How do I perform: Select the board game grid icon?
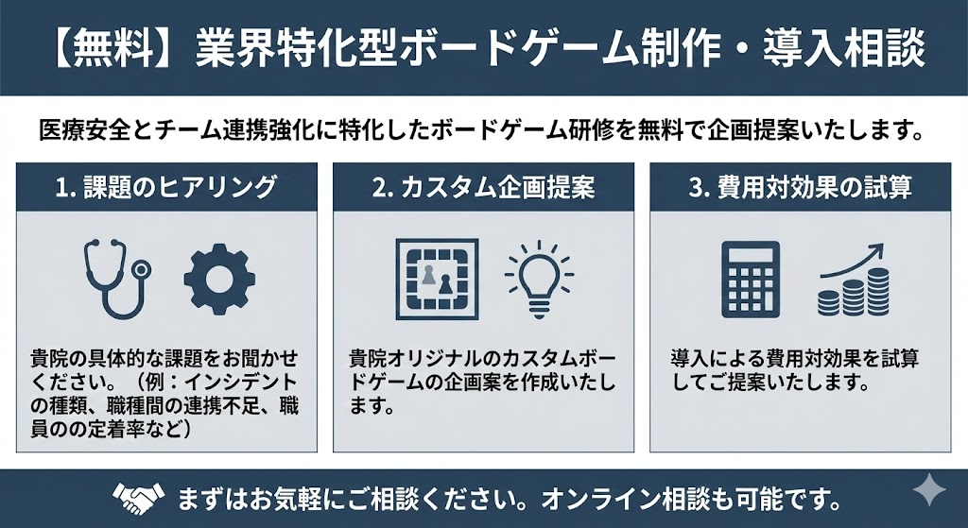tap(435, 279)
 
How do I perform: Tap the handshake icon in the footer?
tap(136, 497)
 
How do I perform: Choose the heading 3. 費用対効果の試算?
tap(800, 187)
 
